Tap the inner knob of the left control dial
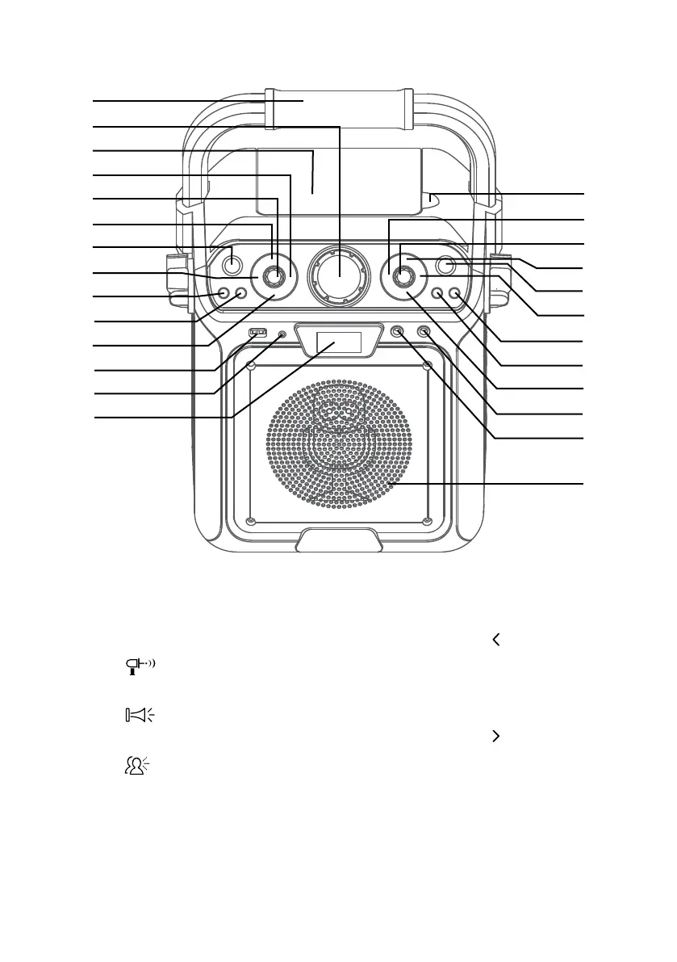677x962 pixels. tap(277, 276)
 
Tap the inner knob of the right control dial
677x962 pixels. tap(401, 276)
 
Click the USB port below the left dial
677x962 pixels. tap(257, 332)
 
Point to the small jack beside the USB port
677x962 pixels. tap(282, 334)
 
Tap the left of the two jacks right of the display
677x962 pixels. tap(397, 331)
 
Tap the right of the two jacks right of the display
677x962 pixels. tap(423, 331)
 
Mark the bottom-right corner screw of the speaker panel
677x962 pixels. tap(428, 519)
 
